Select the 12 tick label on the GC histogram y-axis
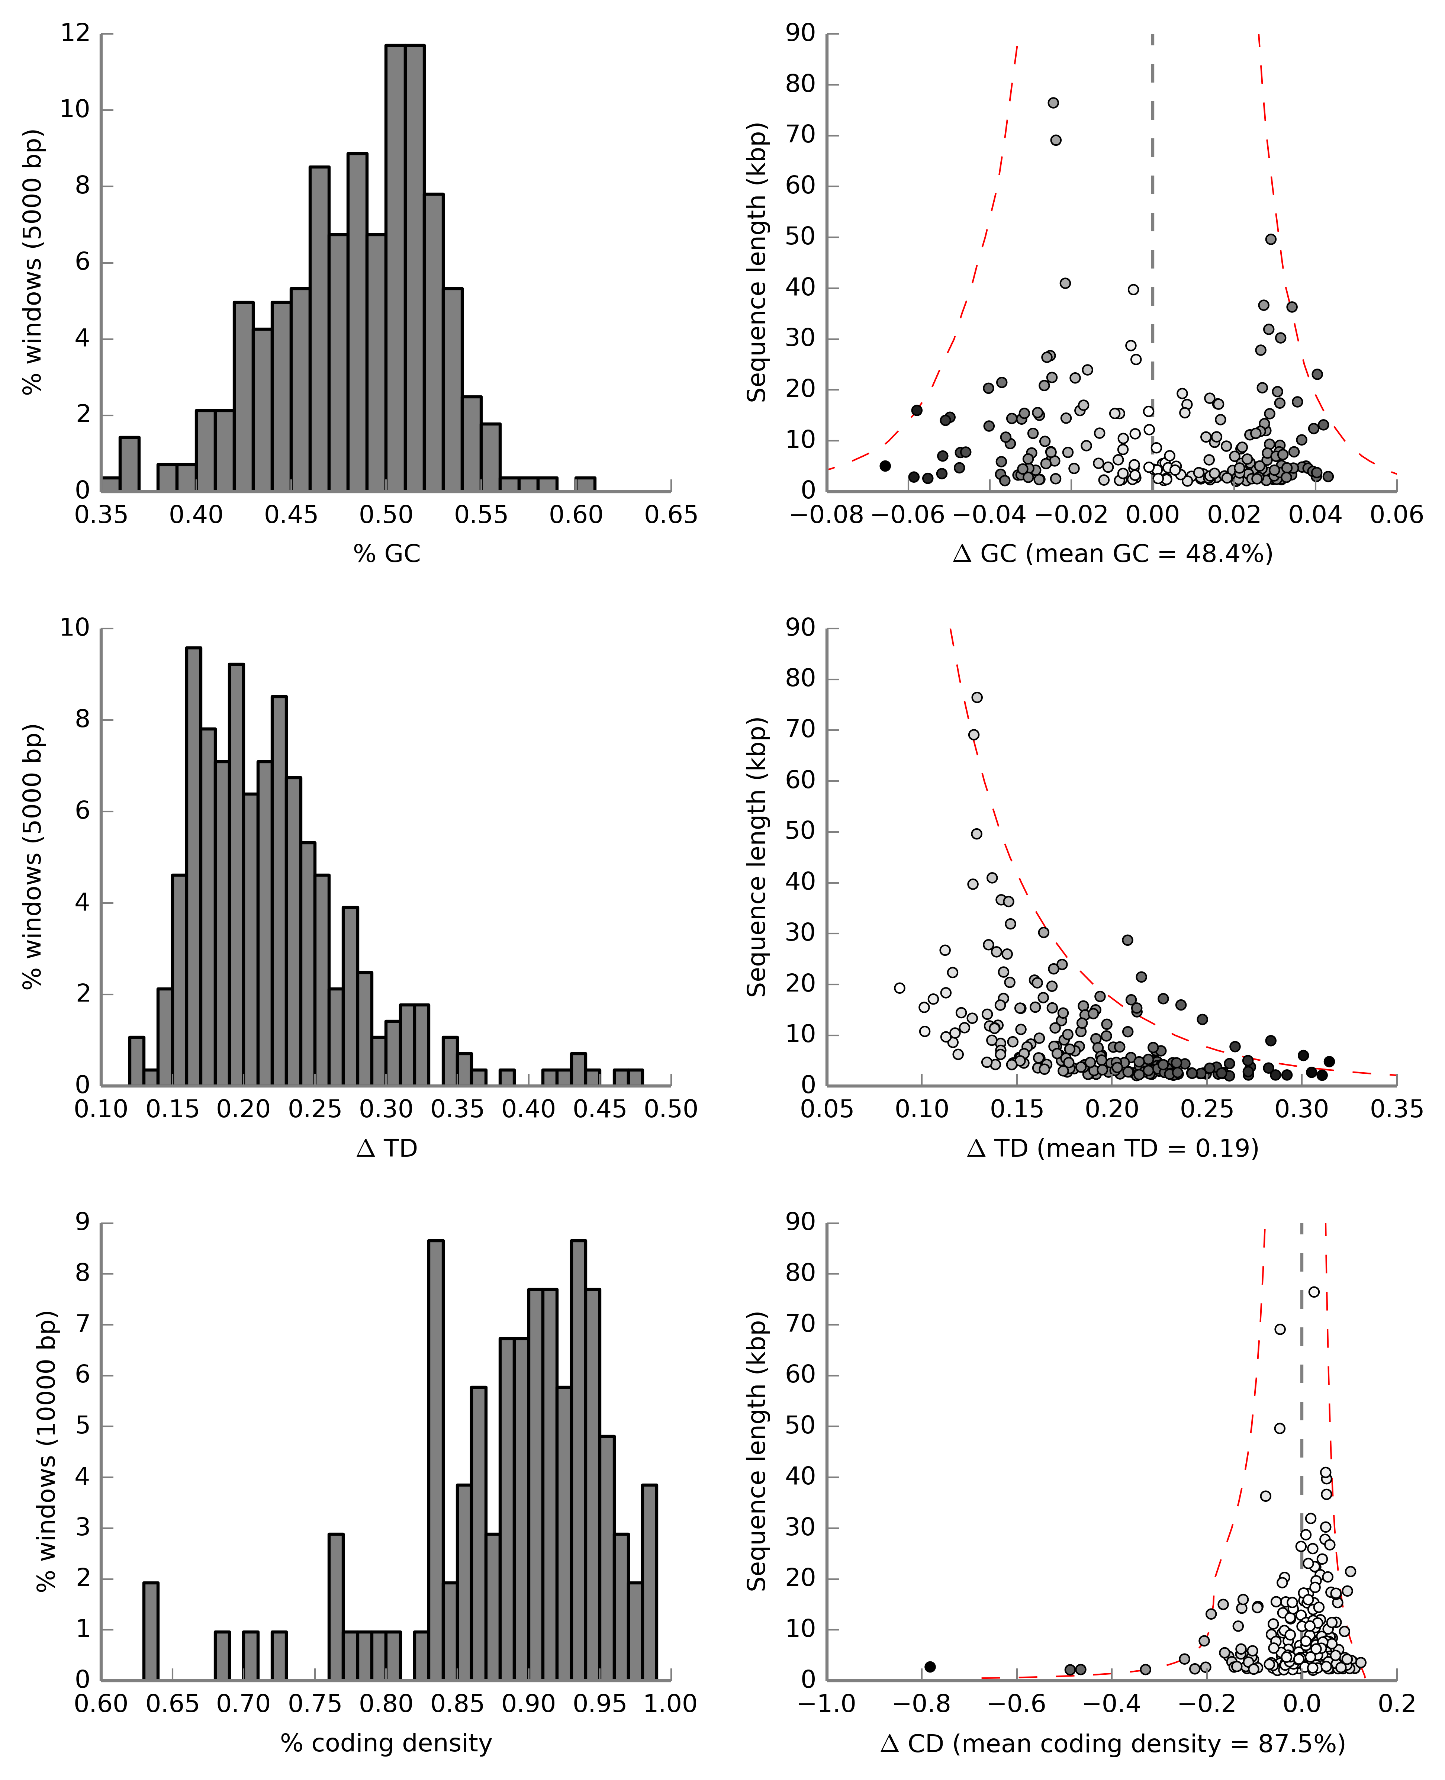tap(75, 33)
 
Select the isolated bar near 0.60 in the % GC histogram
tap(585, 484)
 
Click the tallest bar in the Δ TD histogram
tap(193, 866)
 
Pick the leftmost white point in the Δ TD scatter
tap(899, 988)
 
